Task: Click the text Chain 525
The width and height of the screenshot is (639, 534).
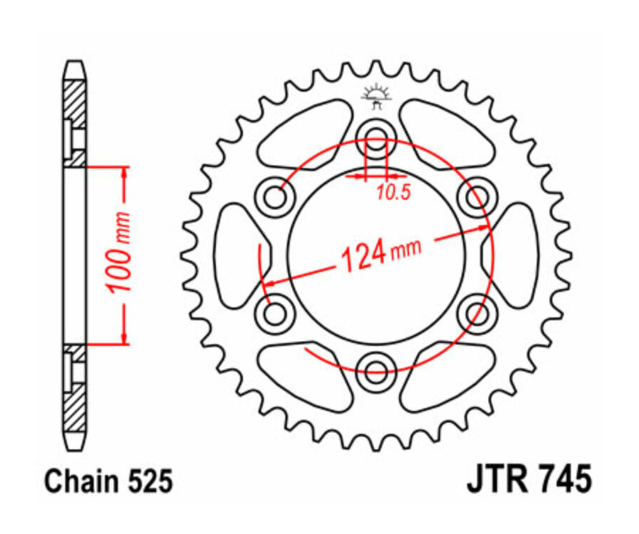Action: pos(108,482)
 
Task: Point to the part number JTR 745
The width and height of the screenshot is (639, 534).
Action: pos(528,480)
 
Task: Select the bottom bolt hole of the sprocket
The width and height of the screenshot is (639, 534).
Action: pos(376,366)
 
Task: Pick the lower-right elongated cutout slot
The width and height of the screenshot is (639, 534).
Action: pos(450,376)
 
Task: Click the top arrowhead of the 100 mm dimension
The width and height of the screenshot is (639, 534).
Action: pos(126,174)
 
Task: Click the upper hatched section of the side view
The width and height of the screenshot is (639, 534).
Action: pos(75,107)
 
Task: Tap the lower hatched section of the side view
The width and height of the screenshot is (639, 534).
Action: pos(75,401)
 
